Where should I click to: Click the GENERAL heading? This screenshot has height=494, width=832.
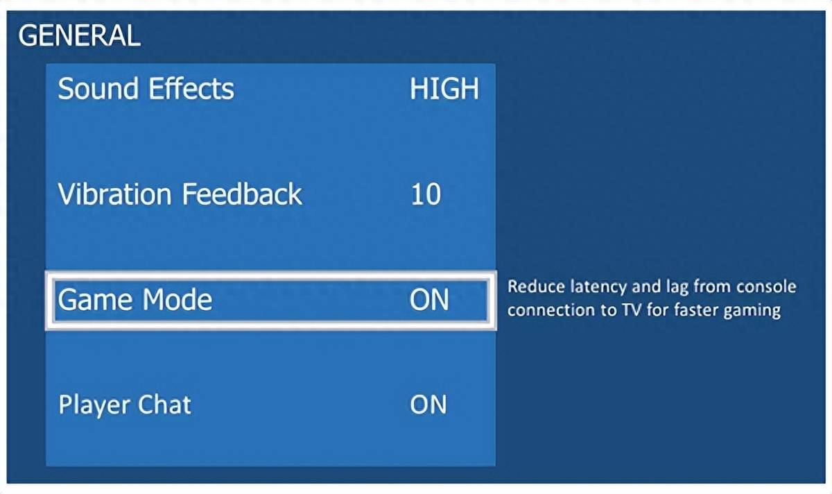click(x=79, y=35)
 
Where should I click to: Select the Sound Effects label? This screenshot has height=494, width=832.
click(x=146, y=89)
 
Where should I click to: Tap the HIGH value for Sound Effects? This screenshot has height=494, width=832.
click(x=444, y=89)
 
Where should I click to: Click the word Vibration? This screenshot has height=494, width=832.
click(x=114, y=194)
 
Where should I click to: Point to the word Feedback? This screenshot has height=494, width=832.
click(x=242, y=194)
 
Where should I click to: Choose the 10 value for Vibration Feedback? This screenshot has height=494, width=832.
click(x=426, y=194)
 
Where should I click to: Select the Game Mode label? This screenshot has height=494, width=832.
click(x=135, y=300)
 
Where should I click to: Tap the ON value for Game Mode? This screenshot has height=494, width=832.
click(x=429, y=300)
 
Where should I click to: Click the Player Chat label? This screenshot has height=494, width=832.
click(x=125, y=404)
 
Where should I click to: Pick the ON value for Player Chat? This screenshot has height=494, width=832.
click(x=428, y=404)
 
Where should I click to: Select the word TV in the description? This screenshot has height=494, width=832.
click(x=632, y=310)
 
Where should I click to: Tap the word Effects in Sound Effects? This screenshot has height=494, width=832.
click(x=191, y=89)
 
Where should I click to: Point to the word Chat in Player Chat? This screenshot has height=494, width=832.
click(x=159, y=404)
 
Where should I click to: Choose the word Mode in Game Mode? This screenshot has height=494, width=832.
click(x=177, y=299)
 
